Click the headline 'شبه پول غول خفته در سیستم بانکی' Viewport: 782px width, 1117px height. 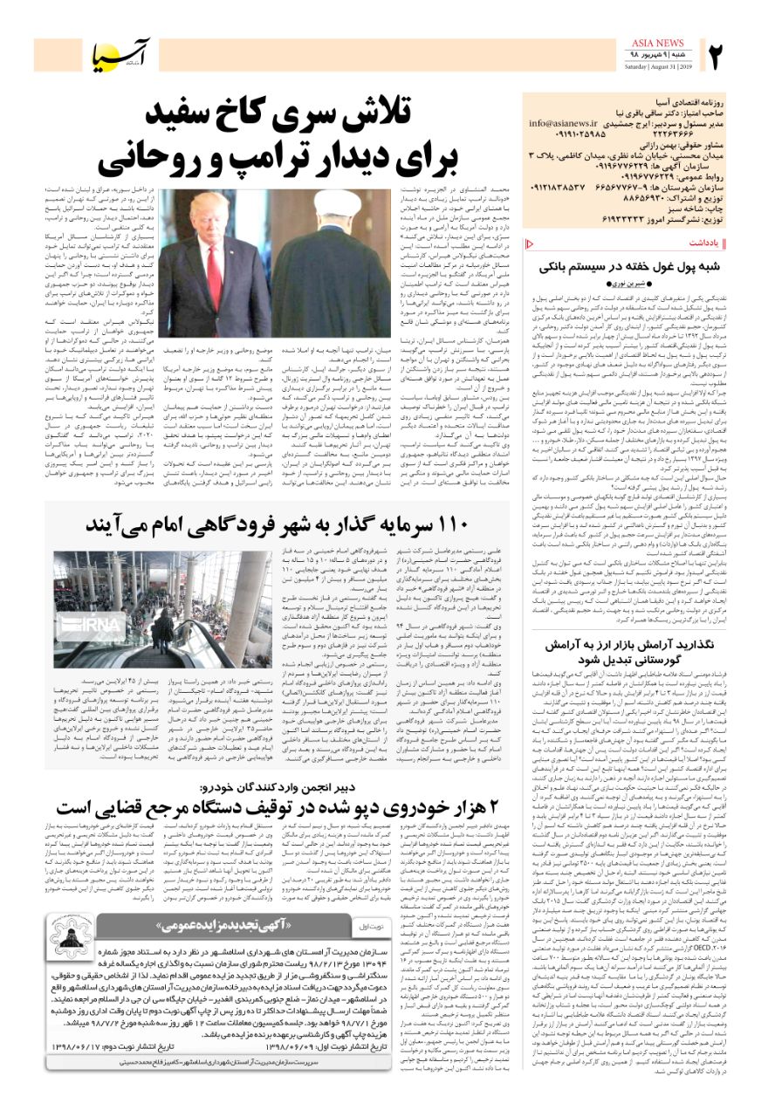pyautogui.click(x=622, y=266)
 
